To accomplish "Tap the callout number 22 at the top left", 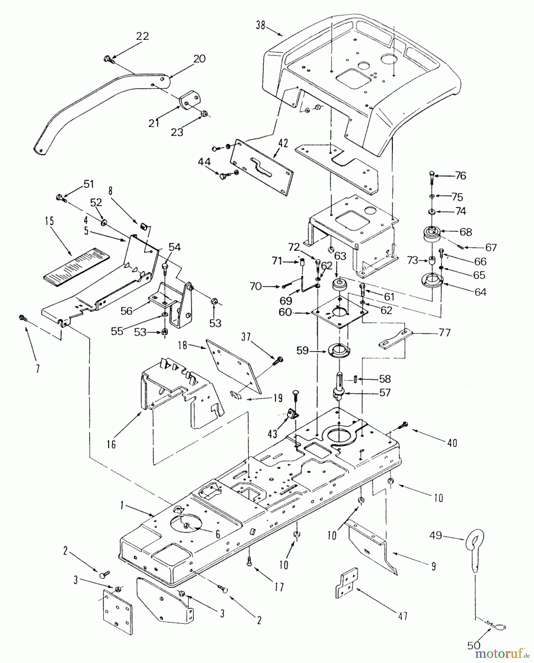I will pyautogui.click(x=142, y=36).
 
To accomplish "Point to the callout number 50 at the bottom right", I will pyautogui.click(x=474, y=646).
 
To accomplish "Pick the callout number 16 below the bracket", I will pyautogui.click(x=111, y=445).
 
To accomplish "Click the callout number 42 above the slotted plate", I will pyautogui.click(x=283, y=143).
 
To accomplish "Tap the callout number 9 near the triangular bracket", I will pyautogui.click(x=433, y=566).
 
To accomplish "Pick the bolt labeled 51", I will pyautogui.click(x=60, y=198).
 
